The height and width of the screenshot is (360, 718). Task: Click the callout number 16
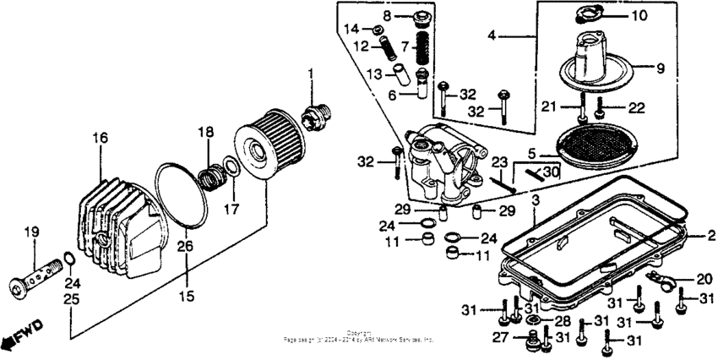click(x=101, y=137)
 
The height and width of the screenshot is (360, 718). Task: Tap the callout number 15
click(x=187, y=297)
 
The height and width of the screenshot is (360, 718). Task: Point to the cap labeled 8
click(x=420, y=16)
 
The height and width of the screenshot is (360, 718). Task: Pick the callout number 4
click(x=492, y=36)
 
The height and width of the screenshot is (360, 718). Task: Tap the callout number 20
click(x=704, y=279)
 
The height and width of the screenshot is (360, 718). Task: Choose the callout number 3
click(x=535, y=199)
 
